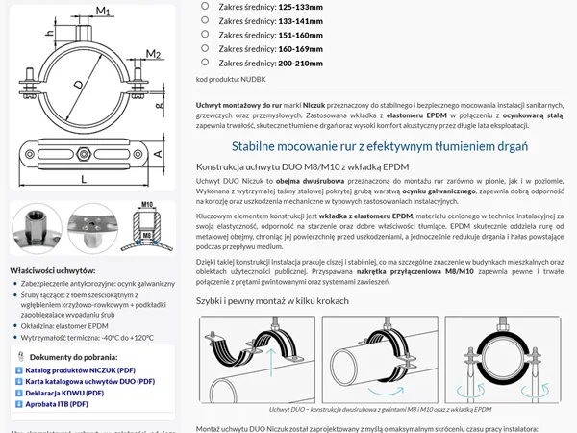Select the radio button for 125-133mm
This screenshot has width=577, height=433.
click(205, 6)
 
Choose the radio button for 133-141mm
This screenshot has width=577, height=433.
click(205, 19)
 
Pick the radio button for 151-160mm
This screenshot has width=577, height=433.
click(205, 34)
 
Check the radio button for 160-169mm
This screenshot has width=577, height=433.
click(205, 47)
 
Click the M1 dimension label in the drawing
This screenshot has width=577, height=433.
click(103, 12)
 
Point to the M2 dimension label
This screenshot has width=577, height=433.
click(153, 52)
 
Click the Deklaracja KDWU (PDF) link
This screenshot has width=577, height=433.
click(66, 393)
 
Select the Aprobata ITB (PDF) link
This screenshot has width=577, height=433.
click(61, 405)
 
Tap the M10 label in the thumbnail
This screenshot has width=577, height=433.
click(147, 206)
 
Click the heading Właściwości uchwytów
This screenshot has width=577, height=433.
click(61, 271)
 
